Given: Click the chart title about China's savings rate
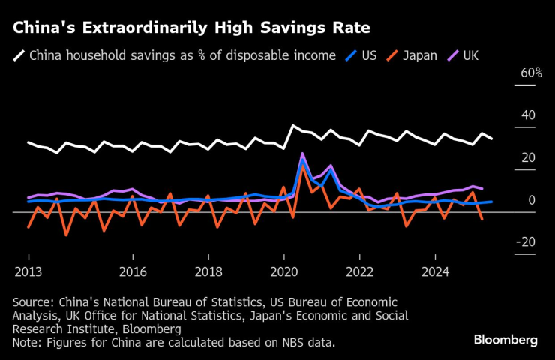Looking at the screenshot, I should click(191, 29).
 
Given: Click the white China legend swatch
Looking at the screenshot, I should click(18, 56).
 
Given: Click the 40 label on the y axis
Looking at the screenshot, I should click(529, 115).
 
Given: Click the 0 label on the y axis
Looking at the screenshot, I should click(532, 199).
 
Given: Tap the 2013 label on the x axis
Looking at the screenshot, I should click(27, 271).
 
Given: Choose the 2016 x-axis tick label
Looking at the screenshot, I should click(133, 271).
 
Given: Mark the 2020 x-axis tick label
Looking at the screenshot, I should click(284, 271).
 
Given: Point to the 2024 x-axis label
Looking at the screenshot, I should click(436, 271).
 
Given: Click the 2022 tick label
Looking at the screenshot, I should click(360, 271).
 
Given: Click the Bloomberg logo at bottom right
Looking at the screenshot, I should click(505, 340).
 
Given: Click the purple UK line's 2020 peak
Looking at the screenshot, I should click(302, 154).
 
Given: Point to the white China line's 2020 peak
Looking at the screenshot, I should click(293, 126).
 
